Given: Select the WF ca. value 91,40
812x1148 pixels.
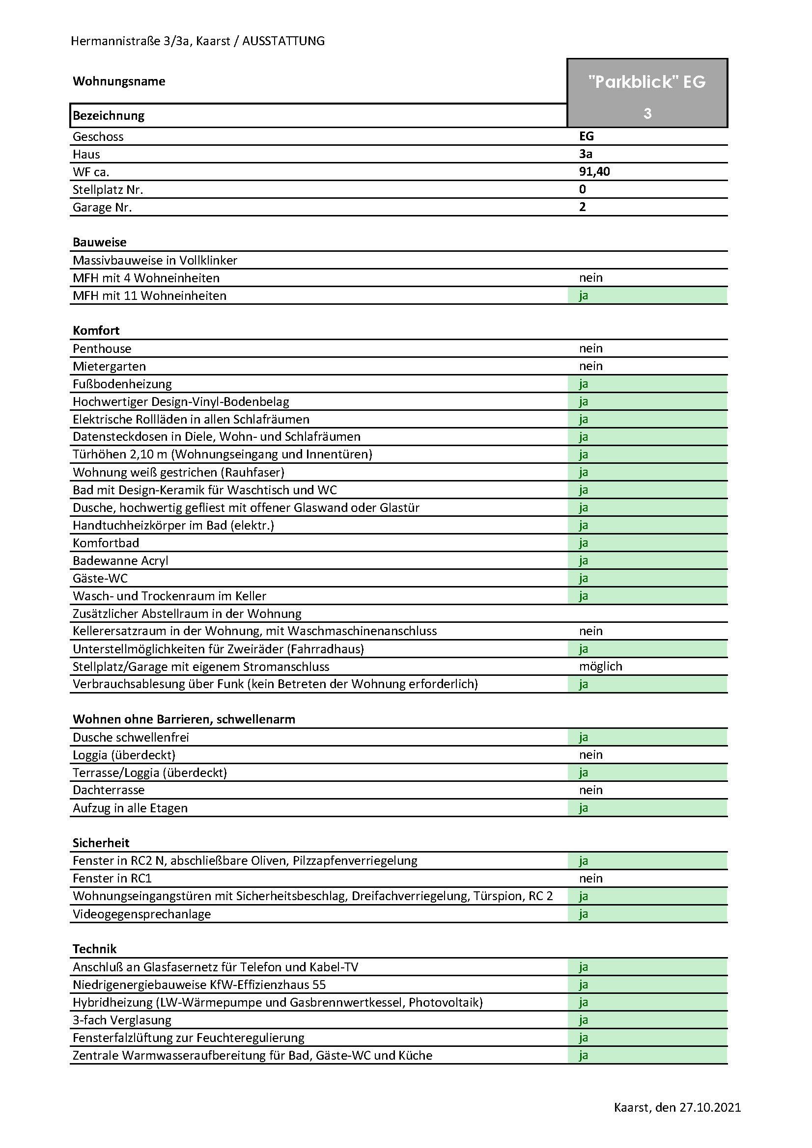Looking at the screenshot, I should click(594, 172).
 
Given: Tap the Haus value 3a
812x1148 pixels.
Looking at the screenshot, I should click(586, 154).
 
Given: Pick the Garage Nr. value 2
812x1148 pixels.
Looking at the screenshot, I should click(583, 207).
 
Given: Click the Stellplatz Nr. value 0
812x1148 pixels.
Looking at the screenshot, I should click(583, 189).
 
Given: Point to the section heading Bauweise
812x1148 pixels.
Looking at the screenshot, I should click(100, 242).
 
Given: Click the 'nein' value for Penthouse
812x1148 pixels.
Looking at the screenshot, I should click(591, 348).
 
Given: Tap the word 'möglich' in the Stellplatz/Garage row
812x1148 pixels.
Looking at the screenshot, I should click(600, 667).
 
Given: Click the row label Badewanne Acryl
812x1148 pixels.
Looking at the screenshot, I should click(120, 561).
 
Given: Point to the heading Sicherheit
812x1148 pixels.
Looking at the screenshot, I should click(101, 843).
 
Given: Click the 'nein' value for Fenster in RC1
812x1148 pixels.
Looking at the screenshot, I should click(591, 879).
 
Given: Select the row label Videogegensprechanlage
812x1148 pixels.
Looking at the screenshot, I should click(141, 914).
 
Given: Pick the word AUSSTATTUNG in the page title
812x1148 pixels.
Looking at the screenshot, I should click(283, 41).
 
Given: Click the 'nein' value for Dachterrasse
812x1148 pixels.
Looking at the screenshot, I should click(591, 790).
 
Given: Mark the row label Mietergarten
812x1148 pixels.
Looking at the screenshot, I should click(109, 367).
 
